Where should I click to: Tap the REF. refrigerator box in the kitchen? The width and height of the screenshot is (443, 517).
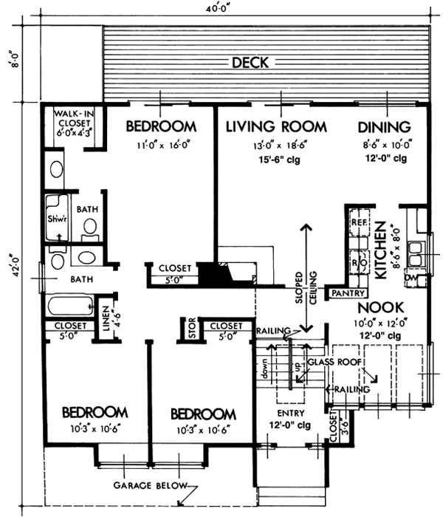coord(359,222)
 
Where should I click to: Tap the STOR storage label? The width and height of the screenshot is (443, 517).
coord(191,329)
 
